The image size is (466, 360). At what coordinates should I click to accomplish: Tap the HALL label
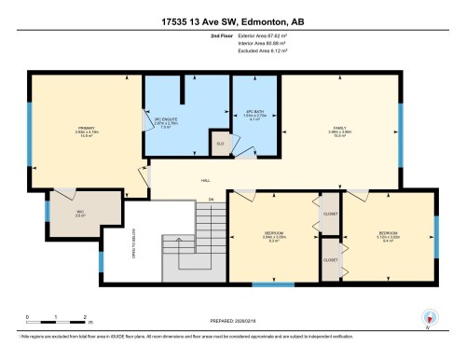coord(206,181)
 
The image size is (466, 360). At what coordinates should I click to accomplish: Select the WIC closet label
coord(81,213)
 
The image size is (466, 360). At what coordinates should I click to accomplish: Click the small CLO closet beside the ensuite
coord(220,144)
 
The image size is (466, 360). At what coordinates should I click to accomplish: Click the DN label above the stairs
coord(212,200)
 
